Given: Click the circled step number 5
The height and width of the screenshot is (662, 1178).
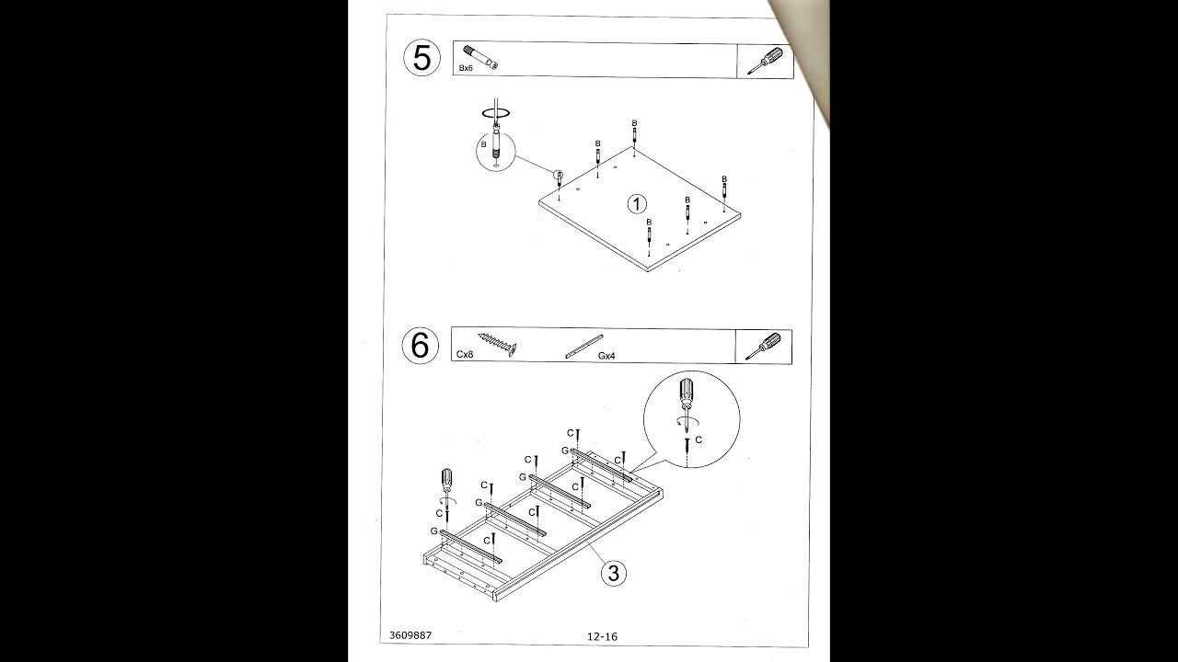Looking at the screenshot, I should click(422, 58).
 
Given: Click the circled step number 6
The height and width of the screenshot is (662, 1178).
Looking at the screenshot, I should click(420, 346).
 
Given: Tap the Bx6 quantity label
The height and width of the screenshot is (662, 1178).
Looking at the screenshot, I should click(467, 68).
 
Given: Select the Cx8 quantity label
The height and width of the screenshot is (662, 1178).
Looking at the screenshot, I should click(465, 354).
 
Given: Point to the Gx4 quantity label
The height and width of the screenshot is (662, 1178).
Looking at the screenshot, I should click(606, 355).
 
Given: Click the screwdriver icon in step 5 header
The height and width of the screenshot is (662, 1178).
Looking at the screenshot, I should click(765, 60).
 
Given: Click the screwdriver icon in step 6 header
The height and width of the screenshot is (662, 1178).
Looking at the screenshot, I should click(763, 346).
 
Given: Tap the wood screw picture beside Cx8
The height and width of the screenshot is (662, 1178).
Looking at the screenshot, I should click(496, 345).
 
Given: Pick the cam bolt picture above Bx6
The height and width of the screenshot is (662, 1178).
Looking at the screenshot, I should click(480, 55).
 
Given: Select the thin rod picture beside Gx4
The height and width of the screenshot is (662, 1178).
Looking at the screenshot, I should click(583, 345).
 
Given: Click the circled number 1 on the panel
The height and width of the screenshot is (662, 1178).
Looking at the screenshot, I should click(637, 203).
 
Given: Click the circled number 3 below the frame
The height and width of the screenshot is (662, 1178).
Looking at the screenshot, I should click(615, 573).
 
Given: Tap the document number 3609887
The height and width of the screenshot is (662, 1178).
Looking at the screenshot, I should click(410, 634).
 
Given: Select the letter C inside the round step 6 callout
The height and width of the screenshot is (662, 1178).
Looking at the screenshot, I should click(699, 440).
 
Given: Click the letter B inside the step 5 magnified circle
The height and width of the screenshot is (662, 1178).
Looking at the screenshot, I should click(482, 144).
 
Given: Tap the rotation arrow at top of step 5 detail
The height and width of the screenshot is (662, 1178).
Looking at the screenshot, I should click(494, 114).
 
